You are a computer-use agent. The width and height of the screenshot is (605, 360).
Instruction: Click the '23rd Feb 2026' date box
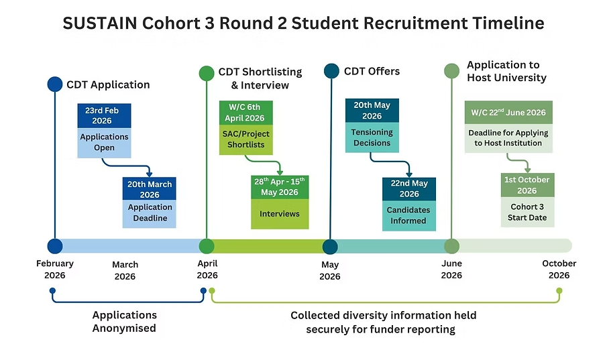(104, 115)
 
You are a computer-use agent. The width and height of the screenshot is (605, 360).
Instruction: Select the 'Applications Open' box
(104, 142)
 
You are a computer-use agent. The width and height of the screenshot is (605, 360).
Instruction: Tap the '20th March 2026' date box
(149, 189)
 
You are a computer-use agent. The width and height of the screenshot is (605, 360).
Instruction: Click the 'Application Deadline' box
(149, 213)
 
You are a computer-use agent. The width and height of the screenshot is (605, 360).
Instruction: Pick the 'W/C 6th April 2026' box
(246, 113)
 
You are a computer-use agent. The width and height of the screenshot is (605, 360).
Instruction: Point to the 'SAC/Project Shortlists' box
(246, 139)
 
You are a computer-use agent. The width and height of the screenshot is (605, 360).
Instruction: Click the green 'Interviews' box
(280, 214)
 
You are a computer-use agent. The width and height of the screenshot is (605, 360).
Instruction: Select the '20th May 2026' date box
(372, 111)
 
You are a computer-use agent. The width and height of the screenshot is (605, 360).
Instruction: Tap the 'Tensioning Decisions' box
(372, 137)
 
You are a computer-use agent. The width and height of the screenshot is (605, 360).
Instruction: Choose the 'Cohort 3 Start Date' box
(527, 213)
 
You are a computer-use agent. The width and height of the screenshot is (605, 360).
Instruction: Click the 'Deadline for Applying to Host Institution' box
(508, 138)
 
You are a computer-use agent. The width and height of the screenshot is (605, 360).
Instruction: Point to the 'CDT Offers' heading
(372, 71)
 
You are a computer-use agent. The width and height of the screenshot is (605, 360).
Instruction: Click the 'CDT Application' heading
(108, 84)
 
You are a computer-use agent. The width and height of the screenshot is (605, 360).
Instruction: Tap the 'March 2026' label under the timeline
(125, 271)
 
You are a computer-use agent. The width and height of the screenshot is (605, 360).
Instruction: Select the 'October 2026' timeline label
(559, 269)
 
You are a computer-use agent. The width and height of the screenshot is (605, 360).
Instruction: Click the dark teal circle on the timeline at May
(330, 247)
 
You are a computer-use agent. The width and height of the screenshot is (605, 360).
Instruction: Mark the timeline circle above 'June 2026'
(451, 246)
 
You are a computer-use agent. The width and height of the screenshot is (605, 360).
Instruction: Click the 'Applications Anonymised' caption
(124, 322)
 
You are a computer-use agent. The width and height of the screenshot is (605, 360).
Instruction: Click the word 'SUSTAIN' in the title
(99, 23)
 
